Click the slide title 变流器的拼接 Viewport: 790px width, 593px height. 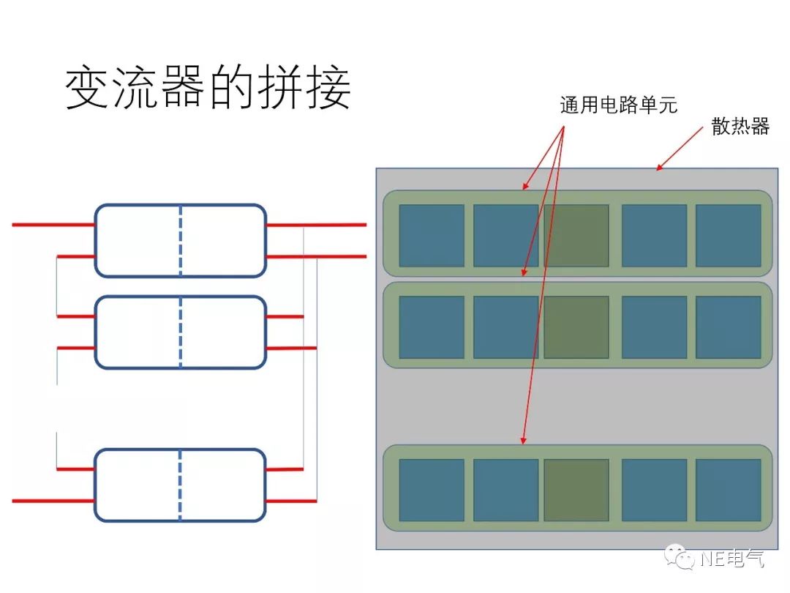[x=208, y=90]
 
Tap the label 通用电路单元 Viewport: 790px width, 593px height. [x=619, y=105]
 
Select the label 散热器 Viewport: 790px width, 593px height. [x=740, y=126]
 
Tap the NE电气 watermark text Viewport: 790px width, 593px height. [x=731, y=559]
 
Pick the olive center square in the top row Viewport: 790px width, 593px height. [x=576, y=235]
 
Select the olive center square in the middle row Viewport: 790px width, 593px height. [x=576, y=327]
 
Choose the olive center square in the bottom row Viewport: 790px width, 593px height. [x=576, y=490]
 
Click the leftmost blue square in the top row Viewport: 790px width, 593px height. [x=432, y=235]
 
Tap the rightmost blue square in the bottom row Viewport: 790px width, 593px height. [x=728, y=490]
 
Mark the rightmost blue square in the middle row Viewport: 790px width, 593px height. [x=728, y=327]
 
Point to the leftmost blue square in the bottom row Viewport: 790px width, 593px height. [x=432, y=490]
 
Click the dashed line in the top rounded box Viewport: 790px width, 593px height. [x=181, y=241]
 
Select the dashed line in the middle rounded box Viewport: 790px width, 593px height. [x=181, y=332]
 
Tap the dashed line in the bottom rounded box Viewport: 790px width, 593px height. [x=181, y=485]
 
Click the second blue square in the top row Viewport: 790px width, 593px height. [x=505, y=235]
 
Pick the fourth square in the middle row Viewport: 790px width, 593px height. [x=654, y=327]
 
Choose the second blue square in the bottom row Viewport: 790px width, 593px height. [x=505, y=490]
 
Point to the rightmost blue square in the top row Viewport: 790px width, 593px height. [x=728, y=235]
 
